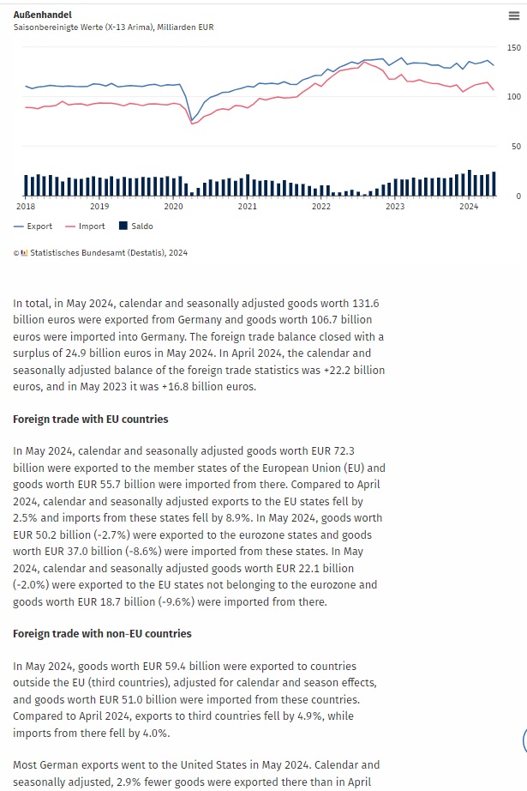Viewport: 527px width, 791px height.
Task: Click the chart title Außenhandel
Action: click(x=43, y=15)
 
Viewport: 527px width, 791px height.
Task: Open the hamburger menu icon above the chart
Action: click(x=513, y=15)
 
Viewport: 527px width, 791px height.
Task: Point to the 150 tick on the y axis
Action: click(x=513, y=47)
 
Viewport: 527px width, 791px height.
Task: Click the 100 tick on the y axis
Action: click(x=513, y=96)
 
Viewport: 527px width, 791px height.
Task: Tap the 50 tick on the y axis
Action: click(x=516, y=146)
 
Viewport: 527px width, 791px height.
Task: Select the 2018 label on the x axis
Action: click(x=26, y=207)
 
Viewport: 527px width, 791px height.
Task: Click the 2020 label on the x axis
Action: click(x=173, y=207)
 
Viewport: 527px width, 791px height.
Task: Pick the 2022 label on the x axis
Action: click(x=321, y=207)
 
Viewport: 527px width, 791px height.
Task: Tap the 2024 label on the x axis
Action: click(x=469, y=207)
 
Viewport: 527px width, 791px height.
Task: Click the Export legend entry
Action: click(x=33, y=226)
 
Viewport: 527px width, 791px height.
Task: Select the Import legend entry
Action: click(x=85, y=226)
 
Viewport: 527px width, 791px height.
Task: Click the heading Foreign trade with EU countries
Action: click(x=91, y=420)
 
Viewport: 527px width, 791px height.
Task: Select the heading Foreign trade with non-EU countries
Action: click(x=102, y=634)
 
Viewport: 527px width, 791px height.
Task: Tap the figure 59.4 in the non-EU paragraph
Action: click(x=150, y=667)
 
